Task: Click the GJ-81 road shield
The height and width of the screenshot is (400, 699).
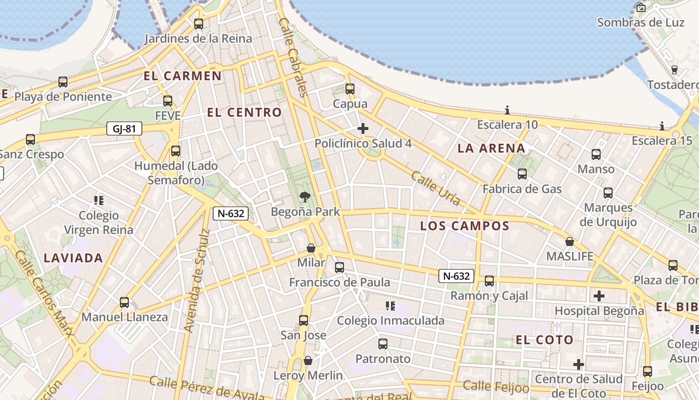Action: pos(124,129)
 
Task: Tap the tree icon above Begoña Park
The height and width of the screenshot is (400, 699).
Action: pos(305,197)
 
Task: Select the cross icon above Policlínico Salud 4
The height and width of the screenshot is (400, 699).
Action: pos(363,129)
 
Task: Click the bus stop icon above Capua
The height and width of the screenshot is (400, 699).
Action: pos(350,89)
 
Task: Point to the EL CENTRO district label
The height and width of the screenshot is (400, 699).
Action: pos(245,112)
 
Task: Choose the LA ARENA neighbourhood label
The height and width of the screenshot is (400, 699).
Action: pos(491,148)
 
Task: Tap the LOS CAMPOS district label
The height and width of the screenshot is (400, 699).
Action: pos(465,226)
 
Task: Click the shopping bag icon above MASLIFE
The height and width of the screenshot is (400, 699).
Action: pos(569,242)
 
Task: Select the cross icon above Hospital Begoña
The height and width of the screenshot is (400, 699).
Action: pos(599,296)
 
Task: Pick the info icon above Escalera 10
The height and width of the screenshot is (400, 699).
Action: pos(507,110)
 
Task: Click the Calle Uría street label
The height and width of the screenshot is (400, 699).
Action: pos(435,188)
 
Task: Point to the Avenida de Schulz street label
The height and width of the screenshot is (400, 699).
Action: pos(197,280)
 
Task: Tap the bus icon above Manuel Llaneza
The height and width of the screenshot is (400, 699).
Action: pos(124,302)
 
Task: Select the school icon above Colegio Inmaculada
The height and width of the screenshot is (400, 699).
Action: pos(390,305)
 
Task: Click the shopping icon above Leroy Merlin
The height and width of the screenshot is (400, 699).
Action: pos(308,360)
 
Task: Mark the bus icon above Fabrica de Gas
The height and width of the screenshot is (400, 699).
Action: pos(522,174)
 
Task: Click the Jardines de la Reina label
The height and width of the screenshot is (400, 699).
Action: pos(198,38)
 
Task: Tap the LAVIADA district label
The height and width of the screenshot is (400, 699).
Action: pos(73,258)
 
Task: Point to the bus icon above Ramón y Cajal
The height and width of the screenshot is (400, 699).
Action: pos(489,281)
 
